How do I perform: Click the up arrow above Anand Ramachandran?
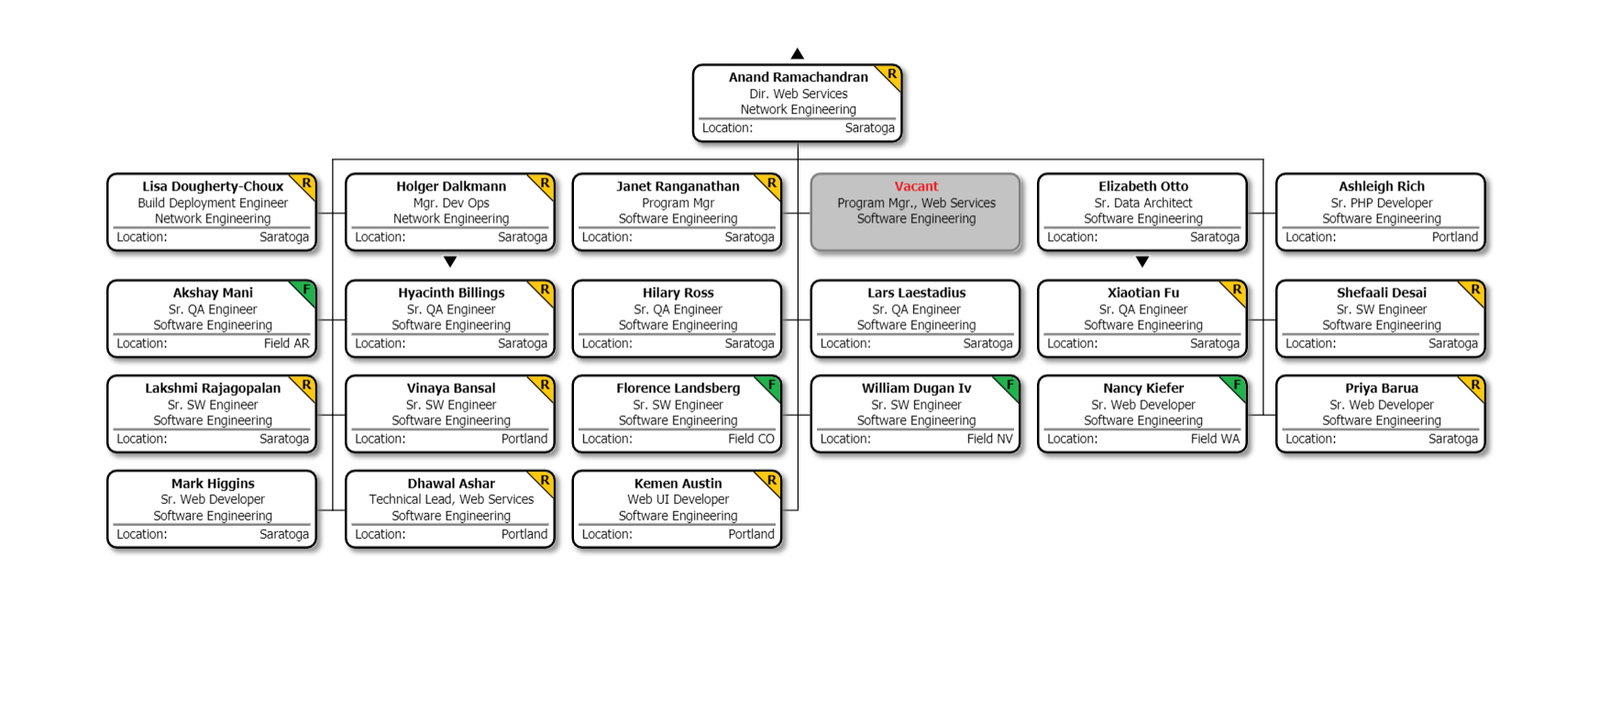click(798, 54)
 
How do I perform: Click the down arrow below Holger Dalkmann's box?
click(450, 262)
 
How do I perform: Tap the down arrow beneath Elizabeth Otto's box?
click(1142, 262)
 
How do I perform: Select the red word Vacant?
click(916, 186)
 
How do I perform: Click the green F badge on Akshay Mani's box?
click(306, 290)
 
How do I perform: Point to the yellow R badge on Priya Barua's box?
click(1475, 385)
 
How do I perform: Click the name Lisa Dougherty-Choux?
click(213, 186)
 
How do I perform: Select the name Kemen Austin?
click(678, 483)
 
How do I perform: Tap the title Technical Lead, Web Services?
click(451, 499)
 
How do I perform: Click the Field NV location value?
click(989, 439)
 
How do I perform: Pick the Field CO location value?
click(751, 439)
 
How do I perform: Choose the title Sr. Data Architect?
click(1143, 202)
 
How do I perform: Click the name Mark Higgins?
click(213, 483)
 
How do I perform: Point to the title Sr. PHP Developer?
click(1382, 202)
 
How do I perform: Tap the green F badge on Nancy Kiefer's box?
click(1237, 385)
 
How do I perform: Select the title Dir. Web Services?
click(798, 93)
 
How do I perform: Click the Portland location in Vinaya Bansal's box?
click(524, 439)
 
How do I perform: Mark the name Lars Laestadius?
click(916, 292)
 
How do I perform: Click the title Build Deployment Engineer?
click(213, 202)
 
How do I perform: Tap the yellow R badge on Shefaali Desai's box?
click(1475, 290)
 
